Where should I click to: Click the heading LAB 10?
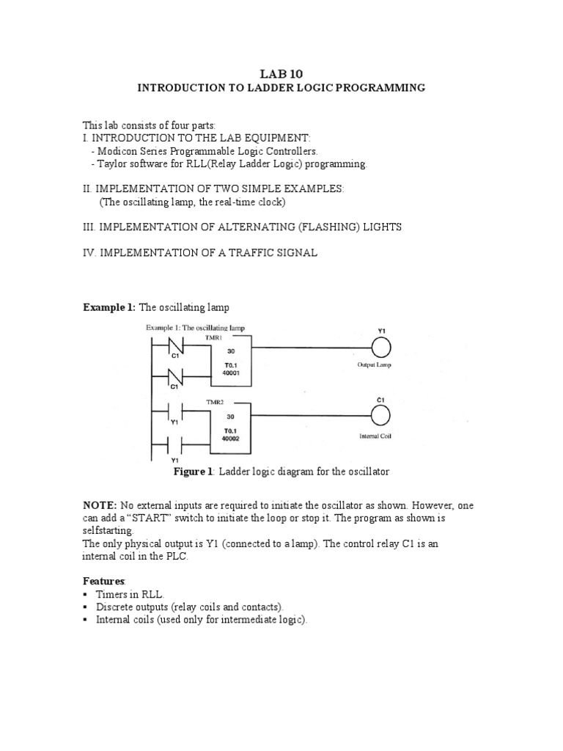pos(281,73)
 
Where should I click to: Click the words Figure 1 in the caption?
pos(192,472)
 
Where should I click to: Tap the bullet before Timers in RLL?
pos(85,594)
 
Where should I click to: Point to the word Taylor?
pos(111,164)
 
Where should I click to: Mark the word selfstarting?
pos(107,530)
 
